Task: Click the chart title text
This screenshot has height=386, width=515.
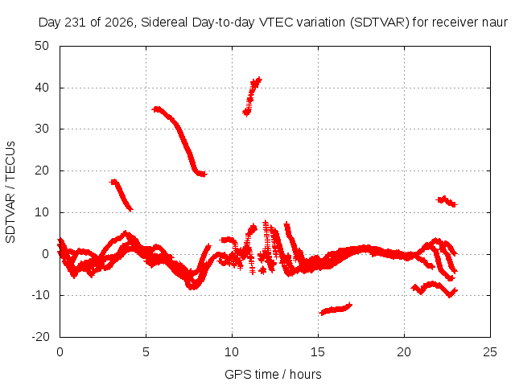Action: pos(273,23)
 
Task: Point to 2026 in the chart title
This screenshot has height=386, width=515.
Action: pos(119,23)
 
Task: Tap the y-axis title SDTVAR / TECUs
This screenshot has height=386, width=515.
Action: pos(10,192)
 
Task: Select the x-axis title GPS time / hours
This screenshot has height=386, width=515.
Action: pos(273,374)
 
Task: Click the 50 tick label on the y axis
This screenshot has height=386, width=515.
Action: pos(42,46)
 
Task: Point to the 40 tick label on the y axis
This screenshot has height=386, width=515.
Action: pos(42,88)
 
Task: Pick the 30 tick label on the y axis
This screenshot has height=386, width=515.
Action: pos(42,129)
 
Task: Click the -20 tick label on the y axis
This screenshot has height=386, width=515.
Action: pos(40,337)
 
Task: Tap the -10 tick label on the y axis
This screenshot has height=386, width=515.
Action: pos(40,295)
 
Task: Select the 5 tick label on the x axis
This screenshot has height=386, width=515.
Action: pos(146,352)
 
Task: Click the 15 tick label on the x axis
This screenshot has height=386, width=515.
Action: pos(318,352)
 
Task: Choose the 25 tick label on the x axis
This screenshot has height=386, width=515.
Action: pos(490,352)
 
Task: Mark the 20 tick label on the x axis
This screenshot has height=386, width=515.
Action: pos(404,352)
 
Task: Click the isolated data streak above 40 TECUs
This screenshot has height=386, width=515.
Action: pos(251,96)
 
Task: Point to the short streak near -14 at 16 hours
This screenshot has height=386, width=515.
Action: pos(336,309)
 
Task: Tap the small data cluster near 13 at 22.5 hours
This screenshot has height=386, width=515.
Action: pos(447,201)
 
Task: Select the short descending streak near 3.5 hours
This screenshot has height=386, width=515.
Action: pos(122,195)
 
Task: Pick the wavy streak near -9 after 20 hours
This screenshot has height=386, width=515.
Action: pos(434,288)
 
